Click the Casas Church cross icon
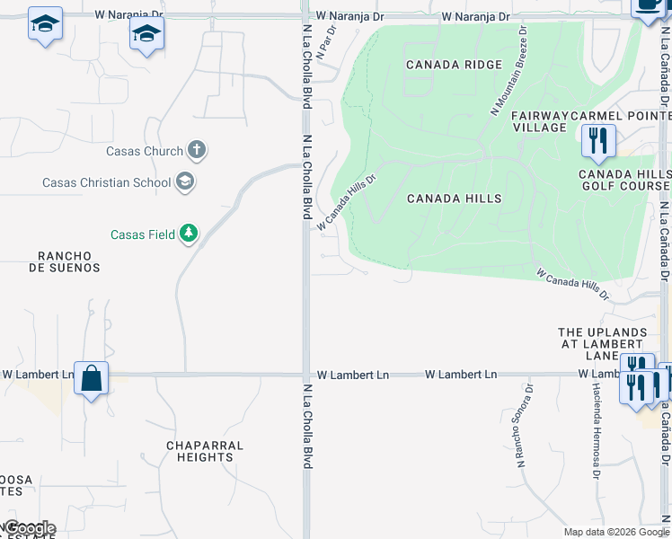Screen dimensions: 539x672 (197, 151)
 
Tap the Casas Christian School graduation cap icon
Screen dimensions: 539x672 (185, 182)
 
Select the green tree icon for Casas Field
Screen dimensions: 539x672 (188, 234)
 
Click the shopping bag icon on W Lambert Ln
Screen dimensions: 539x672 (92, 377)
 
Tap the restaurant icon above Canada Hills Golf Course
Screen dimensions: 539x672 (596, 140)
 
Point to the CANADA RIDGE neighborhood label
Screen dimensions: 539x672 (441, 65)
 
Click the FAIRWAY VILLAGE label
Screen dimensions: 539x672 (539, 121)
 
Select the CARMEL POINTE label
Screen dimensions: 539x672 (621, 116)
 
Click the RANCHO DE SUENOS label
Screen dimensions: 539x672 (64, 261)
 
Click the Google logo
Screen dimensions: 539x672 (29, 528)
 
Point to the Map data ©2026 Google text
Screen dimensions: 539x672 (616, 532)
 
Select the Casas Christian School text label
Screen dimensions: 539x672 (106, 182)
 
